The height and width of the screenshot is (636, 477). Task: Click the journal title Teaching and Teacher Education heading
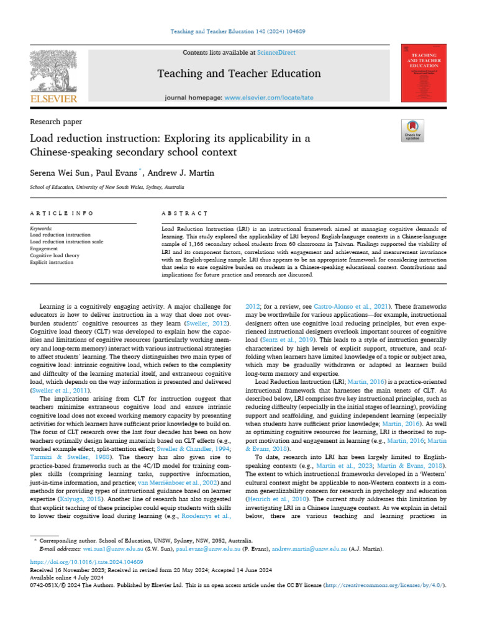point(239,74)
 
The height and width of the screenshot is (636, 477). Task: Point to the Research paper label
point(56,122)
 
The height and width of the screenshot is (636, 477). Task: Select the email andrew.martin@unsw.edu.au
point(304,549)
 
